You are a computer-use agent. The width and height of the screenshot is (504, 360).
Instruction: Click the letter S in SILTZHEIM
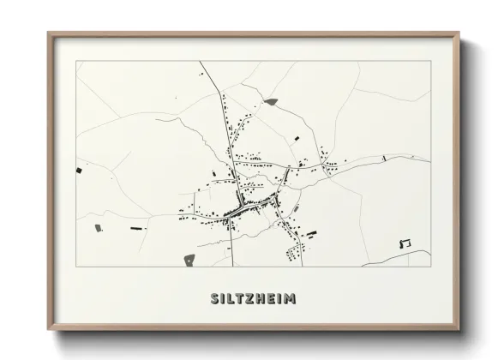[214, 298]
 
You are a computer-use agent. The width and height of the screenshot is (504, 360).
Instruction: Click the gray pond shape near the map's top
[272, 102]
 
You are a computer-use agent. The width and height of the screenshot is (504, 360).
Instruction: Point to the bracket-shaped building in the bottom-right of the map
[405, 243]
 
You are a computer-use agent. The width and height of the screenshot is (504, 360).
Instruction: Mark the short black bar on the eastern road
[386, 158]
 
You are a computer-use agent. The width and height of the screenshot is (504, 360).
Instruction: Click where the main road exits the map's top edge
[200, 62]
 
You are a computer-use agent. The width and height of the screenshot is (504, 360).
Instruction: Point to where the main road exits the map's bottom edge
[231, 267]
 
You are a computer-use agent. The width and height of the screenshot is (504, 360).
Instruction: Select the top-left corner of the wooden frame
[49, 33]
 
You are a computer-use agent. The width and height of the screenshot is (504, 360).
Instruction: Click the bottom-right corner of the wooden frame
[459, 332]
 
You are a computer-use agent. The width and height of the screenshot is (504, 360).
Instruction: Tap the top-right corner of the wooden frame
[459, 33]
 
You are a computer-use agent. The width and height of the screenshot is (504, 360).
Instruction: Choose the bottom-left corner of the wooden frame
[49, 332]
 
